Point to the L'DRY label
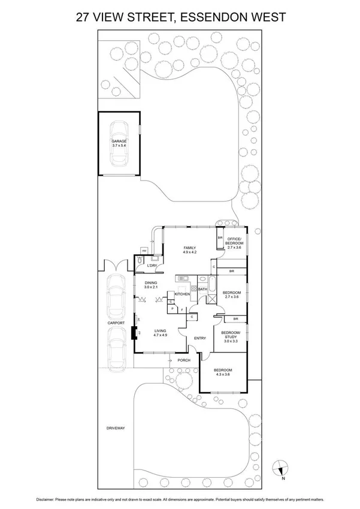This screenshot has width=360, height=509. point(152,265)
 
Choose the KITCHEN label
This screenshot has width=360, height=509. point(182,294)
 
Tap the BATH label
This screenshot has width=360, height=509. point(202,290)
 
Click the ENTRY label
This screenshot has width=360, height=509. point(199,338)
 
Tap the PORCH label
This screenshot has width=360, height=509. point(184,360)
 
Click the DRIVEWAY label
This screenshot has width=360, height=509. point(115,428)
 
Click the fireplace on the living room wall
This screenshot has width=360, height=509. point(135,333)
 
